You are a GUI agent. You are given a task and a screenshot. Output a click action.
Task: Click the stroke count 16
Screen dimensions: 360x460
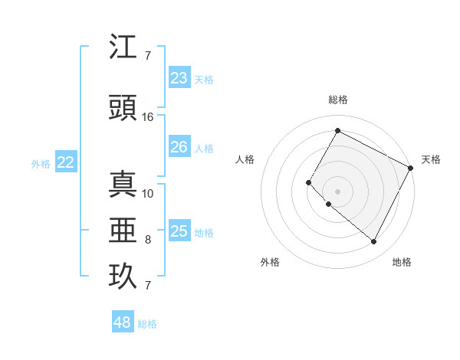click(x=148, y=117)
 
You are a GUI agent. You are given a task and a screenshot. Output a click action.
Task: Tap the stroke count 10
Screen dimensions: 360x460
click(x=148, y=193)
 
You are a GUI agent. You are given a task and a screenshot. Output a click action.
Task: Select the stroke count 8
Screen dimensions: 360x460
click(x=148, y=240)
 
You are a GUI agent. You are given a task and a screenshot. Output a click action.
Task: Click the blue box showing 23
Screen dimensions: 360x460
click(x=179, y=78)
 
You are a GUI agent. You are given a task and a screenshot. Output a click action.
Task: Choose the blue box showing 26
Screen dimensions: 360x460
click(x=179, y=147)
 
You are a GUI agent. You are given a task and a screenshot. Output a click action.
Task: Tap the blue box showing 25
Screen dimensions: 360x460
click(x=179, y=231)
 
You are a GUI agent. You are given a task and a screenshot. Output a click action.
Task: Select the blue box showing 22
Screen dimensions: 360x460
click(x=66, y=162)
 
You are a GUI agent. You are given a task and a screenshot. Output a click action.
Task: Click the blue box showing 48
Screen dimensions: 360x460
click(x=123, y=322)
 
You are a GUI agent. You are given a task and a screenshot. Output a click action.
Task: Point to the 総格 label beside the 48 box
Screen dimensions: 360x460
click(x=147, y=324)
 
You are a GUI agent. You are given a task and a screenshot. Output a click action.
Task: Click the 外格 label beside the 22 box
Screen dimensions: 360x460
click(x=41, y=163)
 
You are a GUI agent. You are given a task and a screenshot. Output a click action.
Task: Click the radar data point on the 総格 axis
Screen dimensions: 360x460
click(x=337, y=131)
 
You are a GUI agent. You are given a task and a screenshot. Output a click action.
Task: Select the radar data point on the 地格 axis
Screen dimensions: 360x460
click(x=373, y=242)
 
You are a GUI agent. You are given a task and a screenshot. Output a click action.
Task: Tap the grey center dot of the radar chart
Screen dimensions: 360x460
click(x=337, y=191)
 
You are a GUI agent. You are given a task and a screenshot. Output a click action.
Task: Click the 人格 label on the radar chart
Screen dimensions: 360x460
click(x=245, y=159)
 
